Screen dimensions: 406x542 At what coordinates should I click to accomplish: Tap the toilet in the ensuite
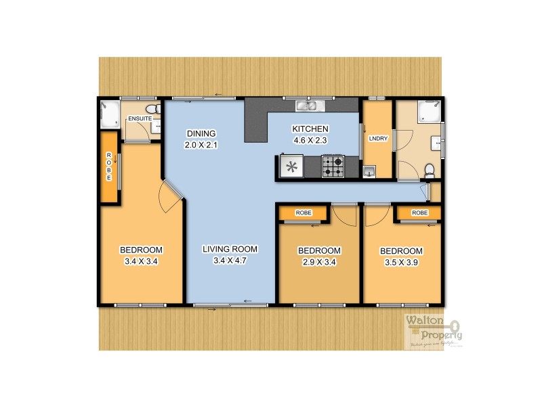click(x=152, y=108)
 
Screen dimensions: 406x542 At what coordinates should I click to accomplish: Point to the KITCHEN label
click(x=310, y=129)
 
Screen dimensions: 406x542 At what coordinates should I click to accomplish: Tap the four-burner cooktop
click(x=332, y=166)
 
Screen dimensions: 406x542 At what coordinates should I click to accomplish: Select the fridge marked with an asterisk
click(x=293, y=167)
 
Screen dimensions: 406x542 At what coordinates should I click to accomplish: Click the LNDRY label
click(x=377, y=139)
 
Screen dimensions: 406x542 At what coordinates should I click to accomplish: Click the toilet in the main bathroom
click(x=428, y=168)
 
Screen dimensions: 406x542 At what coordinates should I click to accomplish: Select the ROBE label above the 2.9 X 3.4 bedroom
click(x=304, y=213)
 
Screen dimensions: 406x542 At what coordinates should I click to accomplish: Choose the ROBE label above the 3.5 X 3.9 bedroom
click(x=420, y=213)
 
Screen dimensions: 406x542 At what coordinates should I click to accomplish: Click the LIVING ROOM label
click(x=227, y=250)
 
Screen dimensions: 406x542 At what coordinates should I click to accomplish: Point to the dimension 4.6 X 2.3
click(x=310, y=140)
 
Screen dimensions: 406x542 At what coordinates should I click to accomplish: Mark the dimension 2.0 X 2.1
click(x=203, y=145)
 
